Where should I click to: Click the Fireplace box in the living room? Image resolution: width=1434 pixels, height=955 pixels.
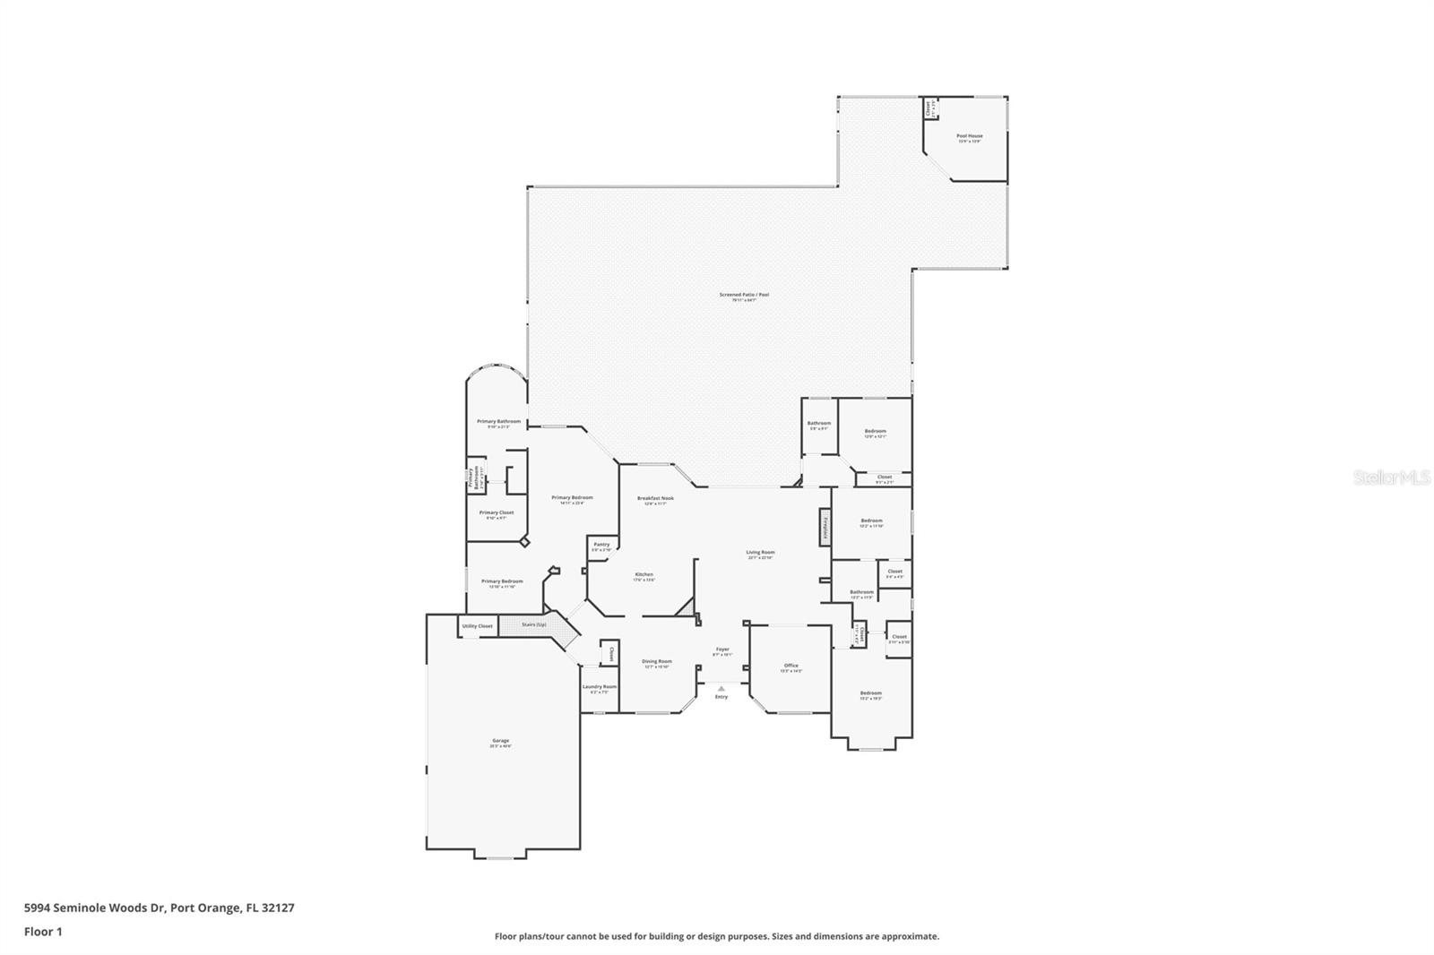coord(825,528)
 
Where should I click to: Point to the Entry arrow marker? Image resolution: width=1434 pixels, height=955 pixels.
coord(721,689)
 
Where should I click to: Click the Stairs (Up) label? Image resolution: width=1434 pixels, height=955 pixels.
coord(534,624)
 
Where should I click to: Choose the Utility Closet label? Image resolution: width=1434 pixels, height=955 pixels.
coord(477,626)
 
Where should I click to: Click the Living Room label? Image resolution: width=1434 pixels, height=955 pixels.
coord(760,554)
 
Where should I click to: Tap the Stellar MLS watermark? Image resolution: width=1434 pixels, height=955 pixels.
coord(1392,478)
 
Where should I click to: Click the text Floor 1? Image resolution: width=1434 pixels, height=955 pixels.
coord(43,932)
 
